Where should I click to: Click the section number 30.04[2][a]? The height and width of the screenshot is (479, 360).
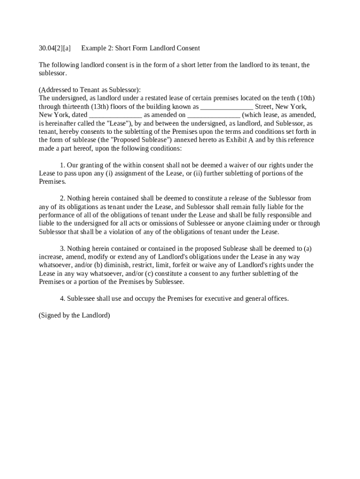(55, 48)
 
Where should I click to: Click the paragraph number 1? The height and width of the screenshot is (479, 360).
(63, 165)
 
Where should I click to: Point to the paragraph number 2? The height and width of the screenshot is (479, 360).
(63, 198)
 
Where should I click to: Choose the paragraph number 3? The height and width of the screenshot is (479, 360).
(63, 248)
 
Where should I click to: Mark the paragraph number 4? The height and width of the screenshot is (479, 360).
(63, 298)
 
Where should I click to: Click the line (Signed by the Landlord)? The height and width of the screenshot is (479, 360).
(74, 315)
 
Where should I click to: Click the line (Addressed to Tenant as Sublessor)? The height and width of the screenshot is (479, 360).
(90, 90)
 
